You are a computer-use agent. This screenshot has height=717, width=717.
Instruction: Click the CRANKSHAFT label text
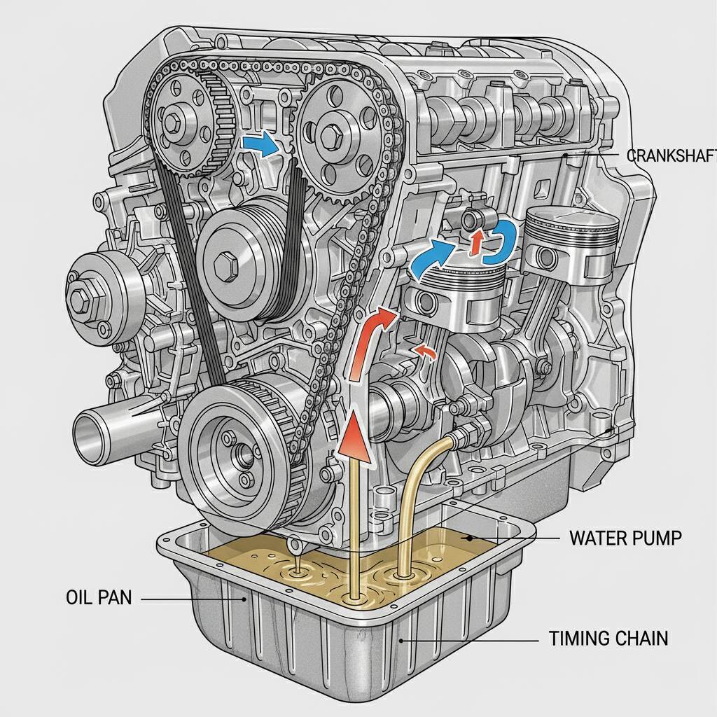tap(669, 155)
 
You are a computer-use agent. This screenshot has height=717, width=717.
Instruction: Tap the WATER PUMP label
tap(625, 538)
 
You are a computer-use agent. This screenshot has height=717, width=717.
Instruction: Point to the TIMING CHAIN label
tap(608, 638)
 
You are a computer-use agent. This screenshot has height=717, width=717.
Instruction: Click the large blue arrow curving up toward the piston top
tap(429, 259)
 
